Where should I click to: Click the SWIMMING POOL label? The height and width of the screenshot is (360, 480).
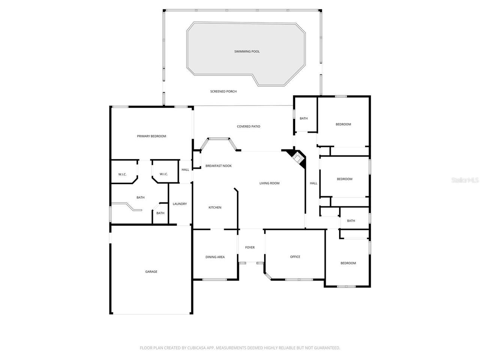click(247, 52)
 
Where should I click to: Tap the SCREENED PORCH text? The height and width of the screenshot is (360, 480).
click(223, 91)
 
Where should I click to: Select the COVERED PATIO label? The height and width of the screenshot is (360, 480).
click(248, 126)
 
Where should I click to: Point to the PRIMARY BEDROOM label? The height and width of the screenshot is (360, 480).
click(151, 136)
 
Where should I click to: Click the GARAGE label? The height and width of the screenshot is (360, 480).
click(151, 272)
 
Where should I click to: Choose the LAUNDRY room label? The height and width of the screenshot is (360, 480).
click(180, 204)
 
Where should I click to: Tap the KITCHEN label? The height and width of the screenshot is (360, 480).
click(215, 207)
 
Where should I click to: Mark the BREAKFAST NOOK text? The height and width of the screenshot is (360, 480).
click(219, 166)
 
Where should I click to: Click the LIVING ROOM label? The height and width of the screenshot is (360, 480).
click(269, 183)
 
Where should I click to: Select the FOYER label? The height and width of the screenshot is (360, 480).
click(250, 247)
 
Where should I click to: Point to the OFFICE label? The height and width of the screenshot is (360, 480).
click(295, 257)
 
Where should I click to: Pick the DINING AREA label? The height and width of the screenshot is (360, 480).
click(215, 257)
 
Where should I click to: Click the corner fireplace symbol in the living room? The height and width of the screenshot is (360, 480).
click(297, 158)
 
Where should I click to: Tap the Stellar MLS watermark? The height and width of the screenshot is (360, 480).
click(465, 180)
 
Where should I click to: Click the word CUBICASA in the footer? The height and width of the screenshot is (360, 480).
click(196, 348)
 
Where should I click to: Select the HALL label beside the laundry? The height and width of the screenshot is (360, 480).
click(185, 169)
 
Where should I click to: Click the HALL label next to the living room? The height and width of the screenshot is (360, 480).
click(313, 183)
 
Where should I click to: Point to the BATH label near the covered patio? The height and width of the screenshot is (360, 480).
click(303, 118)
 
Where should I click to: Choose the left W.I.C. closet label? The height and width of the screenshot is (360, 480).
click(122, 174)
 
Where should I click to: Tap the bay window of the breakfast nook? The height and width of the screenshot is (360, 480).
click(218, 139)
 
